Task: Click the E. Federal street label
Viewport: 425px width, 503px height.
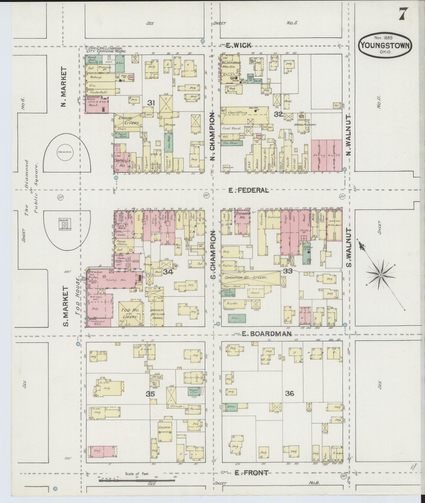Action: tap(249, 190)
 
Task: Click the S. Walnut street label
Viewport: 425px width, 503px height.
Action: tap(349, 247)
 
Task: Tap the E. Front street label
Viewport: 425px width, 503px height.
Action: tap(251, 473)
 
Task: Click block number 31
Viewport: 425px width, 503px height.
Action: tap(151, 103)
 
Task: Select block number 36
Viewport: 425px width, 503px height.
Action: tap(289, 393)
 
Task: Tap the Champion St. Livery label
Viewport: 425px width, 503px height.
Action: tap(246, 278)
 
